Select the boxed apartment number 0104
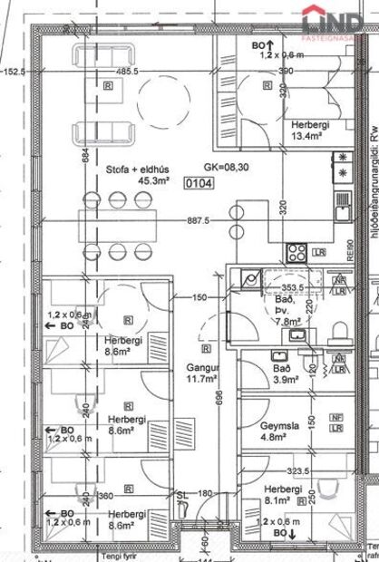pyautogui.click(x=199, y=182)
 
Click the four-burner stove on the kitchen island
pyautogui.click(x=271, y=251)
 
